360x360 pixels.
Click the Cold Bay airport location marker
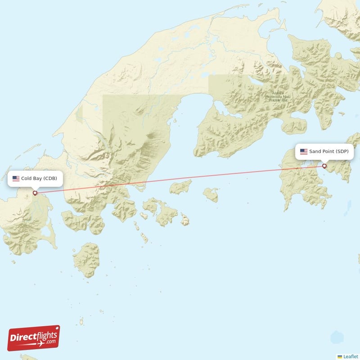35,193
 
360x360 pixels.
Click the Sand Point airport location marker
324,166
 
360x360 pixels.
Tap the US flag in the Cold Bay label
16,179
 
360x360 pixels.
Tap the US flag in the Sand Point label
304,152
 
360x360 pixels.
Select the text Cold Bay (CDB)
39,179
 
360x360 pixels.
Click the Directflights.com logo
33,338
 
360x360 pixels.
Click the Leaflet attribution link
351,356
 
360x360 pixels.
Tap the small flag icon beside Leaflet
340,356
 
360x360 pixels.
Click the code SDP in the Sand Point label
342,152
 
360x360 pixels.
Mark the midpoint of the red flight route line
180,180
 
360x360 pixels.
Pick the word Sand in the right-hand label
315,152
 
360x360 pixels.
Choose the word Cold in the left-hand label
27,179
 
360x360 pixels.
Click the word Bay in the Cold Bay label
38,179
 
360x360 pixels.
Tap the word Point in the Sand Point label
328,152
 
